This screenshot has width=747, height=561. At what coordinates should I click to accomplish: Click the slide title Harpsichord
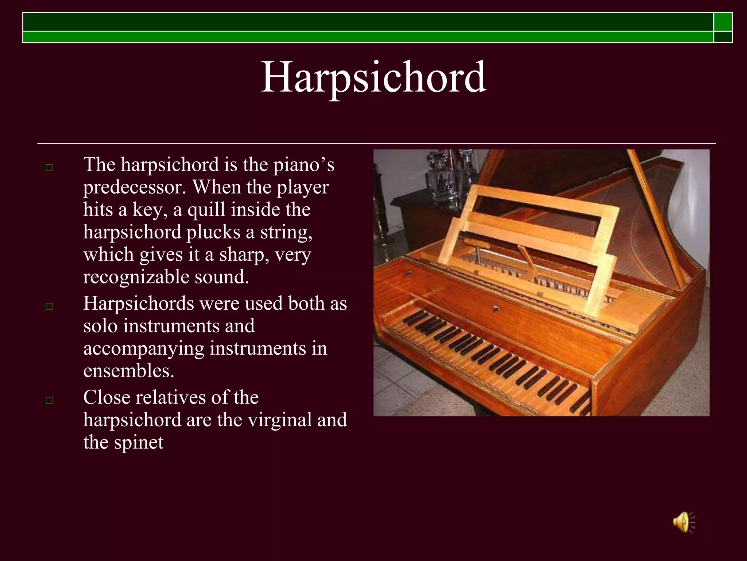[373, 77]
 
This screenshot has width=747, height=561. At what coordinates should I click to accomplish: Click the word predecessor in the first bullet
[134, 187]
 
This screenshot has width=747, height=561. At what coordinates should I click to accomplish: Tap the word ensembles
[128, 371]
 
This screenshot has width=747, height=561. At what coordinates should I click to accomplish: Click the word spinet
[139, 442]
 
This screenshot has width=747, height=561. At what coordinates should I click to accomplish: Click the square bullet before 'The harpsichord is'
[49, 168]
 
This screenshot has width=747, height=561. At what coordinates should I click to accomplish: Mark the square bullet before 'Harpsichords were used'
[49, 306]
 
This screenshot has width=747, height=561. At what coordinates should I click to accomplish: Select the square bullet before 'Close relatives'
[49, 400]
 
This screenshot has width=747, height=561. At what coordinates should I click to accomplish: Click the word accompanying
[143, 348]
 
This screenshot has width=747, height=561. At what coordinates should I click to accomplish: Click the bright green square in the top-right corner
[723, 22]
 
